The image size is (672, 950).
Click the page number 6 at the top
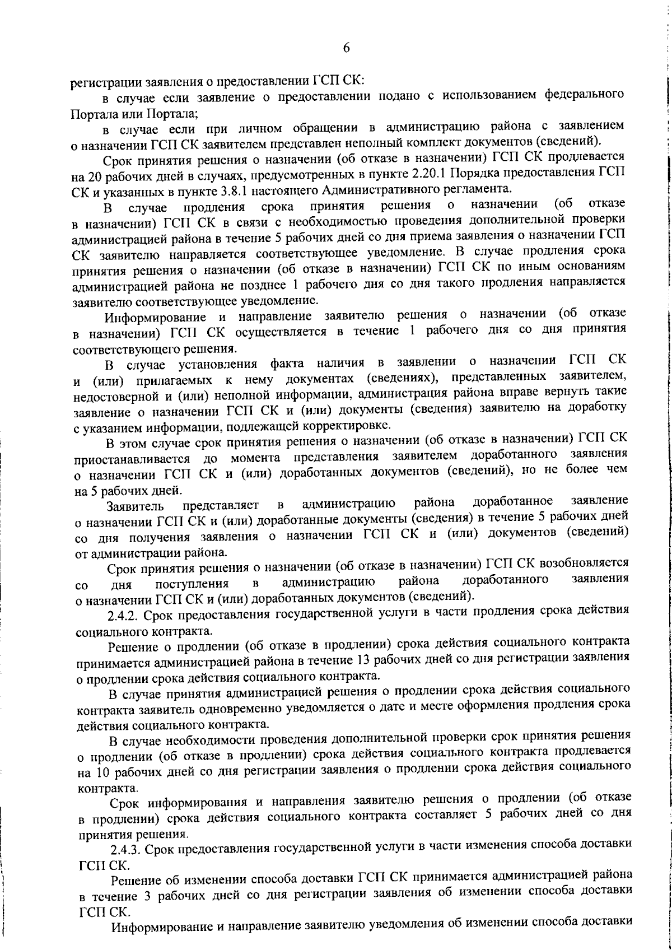(346, 49)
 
